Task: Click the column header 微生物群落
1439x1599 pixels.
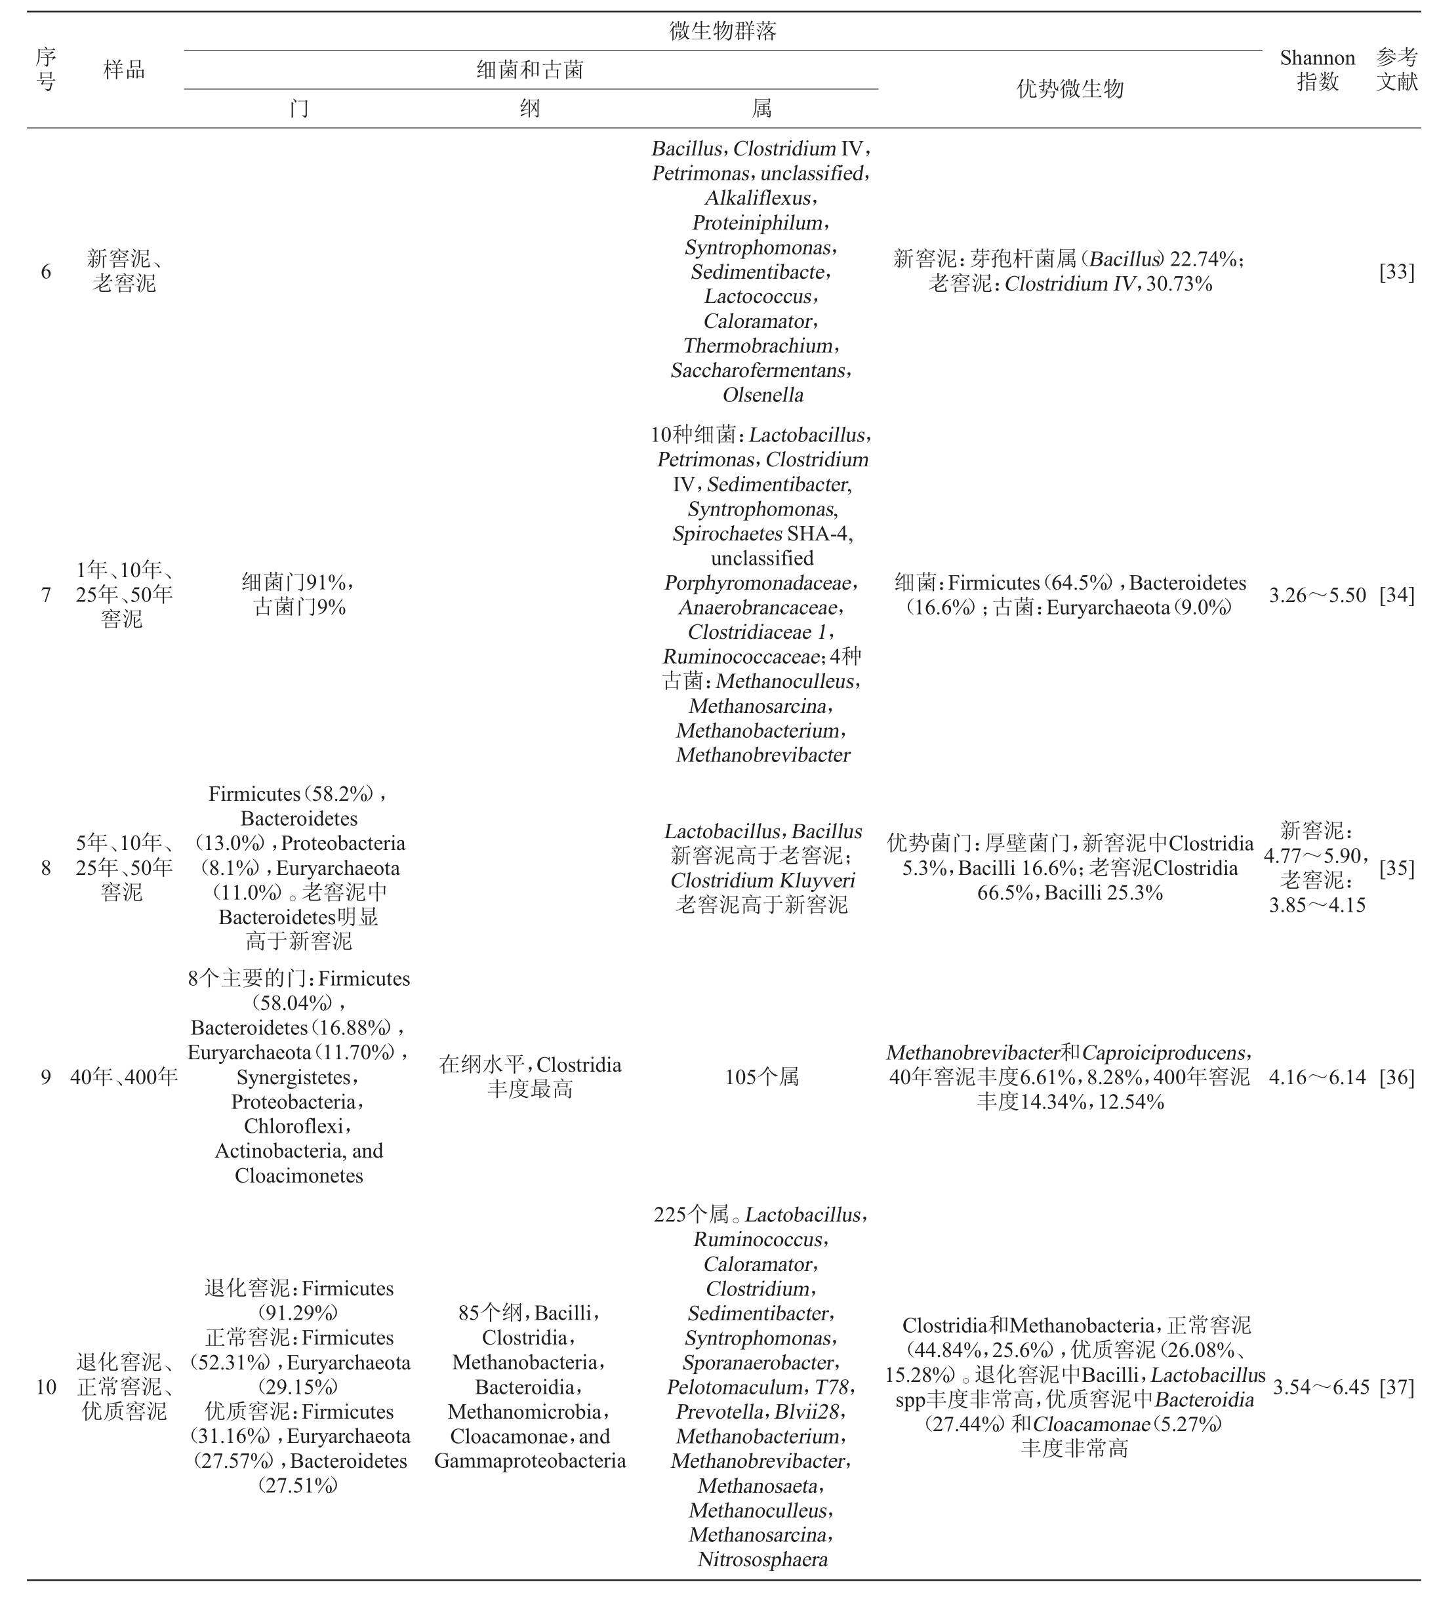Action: coord(722,31)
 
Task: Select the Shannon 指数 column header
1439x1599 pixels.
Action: coord(1316,70)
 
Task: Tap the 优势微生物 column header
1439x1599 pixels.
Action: coord(1069,89)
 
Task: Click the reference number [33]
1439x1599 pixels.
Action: coord(1396,272)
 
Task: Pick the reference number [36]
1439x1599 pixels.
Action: coord(1396,1077)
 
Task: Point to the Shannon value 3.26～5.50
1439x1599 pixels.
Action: coord(1317,595)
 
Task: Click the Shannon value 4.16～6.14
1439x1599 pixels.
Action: coord(1317,1077)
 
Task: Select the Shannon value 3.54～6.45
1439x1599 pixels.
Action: coord(1320,1386)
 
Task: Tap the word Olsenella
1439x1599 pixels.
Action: coord(763,395)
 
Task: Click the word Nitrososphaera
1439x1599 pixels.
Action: coord(763,1560)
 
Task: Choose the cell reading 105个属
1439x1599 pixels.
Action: coord(761,1077)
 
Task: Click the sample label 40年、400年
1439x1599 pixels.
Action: coord(124,1077)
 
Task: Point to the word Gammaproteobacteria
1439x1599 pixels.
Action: coord(530,1461)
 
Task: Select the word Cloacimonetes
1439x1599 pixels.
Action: coord(299,1175)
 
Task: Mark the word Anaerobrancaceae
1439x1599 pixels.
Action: coord(758,607)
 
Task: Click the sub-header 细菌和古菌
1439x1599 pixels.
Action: coord(530,70)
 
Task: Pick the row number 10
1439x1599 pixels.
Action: coord(46,1386)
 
